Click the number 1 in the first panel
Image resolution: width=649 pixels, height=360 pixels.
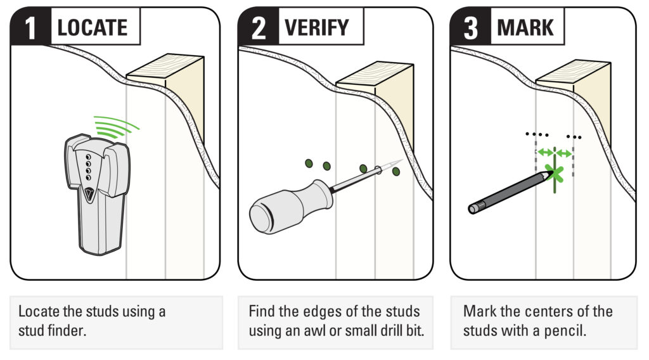coord(30,28)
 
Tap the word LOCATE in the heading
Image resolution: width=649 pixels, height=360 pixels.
coord(93,28)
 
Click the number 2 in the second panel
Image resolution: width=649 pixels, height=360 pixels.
coord(259,28)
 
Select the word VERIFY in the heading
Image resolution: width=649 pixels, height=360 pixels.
coord(317,28)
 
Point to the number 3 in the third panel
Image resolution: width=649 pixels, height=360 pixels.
coord(471,28)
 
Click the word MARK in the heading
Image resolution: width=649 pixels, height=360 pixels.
coord(525,28)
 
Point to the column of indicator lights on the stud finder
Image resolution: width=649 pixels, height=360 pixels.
coord(88,167)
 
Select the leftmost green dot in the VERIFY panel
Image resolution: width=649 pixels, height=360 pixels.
coord(309,164)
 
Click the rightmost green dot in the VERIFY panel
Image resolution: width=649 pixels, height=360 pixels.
coord(396,171)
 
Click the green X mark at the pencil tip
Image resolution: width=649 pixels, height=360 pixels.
coord(555,174)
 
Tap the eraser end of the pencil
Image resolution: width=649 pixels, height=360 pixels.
coord(473,208)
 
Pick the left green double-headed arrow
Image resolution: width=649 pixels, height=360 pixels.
coord(545,153)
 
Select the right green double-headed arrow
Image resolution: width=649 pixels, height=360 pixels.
coord(563,153)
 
